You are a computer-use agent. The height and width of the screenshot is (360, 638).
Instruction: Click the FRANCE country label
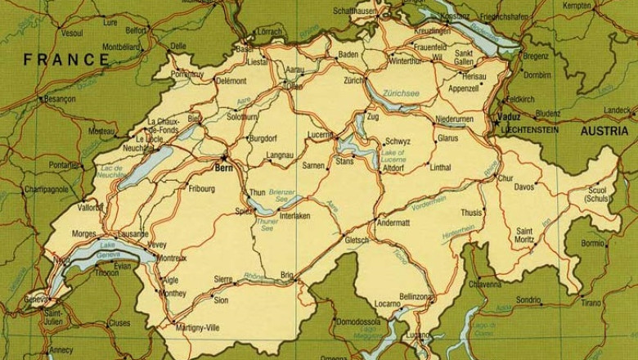click(x=66, y=60)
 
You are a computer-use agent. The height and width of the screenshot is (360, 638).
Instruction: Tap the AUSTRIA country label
click(x=604, y=131)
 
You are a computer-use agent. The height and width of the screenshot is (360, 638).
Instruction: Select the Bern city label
click(x=223, y=168)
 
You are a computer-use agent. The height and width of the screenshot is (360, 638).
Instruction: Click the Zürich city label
click(x=354, y=81)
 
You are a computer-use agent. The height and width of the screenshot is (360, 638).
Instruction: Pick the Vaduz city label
click(x=508, y=117)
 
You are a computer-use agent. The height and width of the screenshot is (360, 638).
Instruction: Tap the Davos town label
click(x=524, y=187)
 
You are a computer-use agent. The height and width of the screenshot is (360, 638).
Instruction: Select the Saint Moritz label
click(x=525, y=236)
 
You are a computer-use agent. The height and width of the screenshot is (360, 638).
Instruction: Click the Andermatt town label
click(x=393, y=222)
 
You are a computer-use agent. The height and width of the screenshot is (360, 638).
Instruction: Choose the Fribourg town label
click(x=200, y=189)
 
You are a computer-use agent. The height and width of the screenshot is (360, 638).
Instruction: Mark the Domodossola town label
click(x=361, y=322)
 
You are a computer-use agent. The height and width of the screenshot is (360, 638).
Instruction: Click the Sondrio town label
click(x=528, y=299)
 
